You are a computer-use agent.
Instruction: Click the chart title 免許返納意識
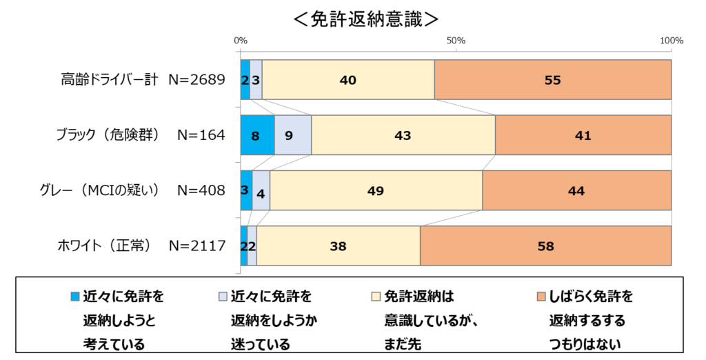[365, 19]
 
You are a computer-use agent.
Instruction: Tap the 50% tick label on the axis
[456, 41]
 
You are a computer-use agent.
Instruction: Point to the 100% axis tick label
[672, 41]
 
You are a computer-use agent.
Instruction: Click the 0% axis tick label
[241, 41]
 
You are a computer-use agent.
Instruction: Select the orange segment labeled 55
[553, 80]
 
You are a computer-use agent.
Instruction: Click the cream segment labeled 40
[348, 80]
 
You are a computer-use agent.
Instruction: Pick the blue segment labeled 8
[258, 135]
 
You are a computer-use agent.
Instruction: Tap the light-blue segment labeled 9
[293, 135]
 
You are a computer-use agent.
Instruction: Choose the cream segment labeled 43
[403, 135]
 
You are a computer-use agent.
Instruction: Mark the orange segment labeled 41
[583, 135]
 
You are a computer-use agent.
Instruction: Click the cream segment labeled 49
[376, 190]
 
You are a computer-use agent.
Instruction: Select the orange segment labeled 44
[577, 190]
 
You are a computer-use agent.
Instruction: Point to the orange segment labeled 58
[546, 246]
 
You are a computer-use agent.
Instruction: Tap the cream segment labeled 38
[338, 246]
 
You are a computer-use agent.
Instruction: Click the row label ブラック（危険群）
[108, 134]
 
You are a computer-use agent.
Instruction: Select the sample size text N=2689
[196, 80]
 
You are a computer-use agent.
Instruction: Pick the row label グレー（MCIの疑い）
[100, 190]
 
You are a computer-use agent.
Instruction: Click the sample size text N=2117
[196, 246]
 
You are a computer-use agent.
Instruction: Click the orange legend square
[542, 297]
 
